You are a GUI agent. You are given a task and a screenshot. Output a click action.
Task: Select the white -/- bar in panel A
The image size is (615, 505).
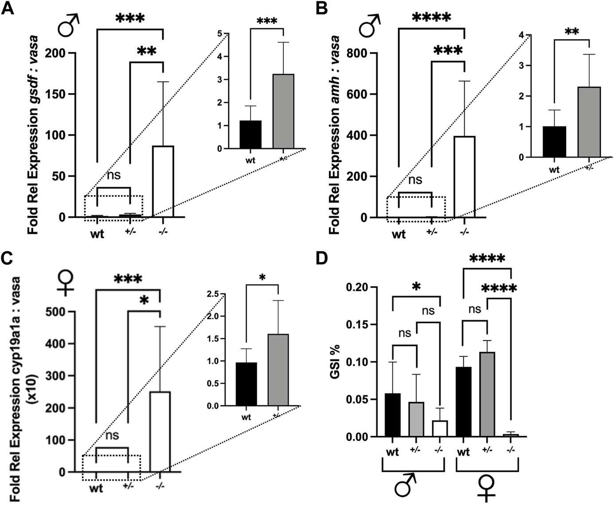coord(163,181)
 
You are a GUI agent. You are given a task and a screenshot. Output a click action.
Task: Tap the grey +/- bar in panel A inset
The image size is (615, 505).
coord(283,111)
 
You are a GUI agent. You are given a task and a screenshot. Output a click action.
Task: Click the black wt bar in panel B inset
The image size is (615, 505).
coord(554,142)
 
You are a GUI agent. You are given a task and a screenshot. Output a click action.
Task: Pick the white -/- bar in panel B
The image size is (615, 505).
coord(464,177)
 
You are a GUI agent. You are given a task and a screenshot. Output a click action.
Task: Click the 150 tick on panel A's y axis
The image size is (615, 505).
coord(61,94)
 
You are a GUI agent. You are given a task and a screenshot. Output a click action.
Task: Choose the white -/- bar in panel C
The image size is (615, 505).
coord(160,432)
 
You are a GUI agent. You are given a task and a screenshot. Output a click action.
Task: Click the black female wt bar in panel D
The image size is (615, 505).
coord(464,402)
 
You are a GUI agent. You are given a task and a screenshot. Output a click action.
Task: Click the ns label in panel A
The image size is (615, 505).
coord(114,175)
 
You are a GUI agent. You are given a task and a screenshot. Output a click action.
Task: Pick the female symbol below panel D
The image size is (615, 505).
coord(486,488)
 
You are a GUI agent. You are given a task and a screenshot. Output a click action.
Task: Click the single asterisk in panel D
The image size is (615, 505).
coord(416,287)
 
